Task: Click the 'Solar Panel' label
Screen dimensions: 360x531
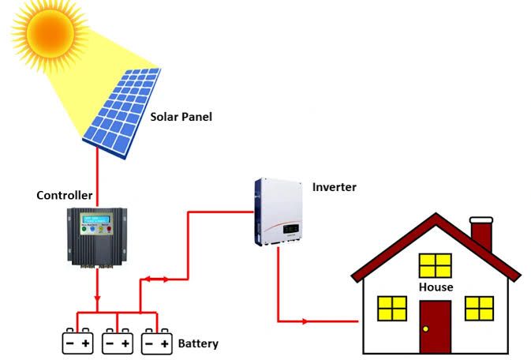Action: pos(181,117)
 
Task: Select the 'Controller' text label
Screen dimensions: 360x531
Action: pos(65,195)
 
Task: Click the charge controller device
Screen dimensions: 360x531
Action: pos(96,236)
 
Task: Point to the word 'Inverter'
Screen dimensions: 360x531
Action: pos(335,187)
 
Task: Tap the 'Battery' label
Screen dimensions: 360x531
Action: pos(198,344)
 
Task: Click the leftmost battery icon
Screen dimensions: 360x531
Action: pos(78,342)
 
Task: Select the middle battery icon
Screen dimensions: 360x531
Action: pos(118,342)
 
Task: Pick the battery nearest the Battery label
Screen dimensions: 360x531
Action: pos(156,342)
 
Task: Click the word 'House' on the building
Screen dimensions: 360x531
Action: pos(436,287)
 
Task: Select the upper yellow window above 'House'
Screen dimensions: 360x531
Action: pos(435,265)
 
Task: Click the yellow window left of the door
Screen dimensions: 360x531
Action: pos(392,308)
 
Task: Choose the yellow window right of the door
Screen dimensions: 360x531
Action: pos(479,308)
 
